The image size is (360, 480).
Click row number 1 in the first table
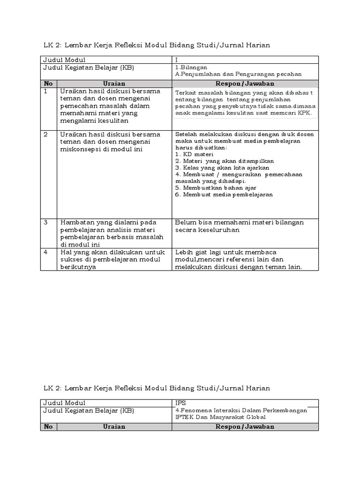[x=46, y=91]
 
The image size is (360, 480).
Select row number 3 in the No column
[x=46, y=222]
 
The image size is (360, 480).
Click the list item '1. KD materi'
[x=194, y=154]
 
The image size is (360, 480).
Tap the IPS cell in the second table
[x=180, y=403]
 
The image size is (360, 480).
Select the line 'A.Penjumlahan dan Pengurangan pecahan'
[x=238, y=74]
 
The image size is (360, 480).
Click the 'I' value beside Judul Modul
[x=177, y=60]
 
